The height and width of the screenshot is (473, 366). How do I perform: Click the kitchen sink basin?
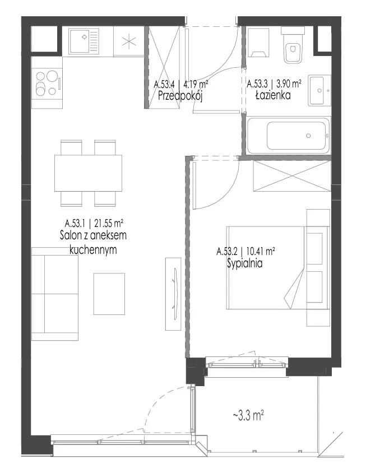pyautogui.click(x=84, y=41)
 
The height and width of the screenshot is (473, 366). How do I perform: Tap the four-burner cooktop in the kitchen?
pyautogui.click(x=48, y=82)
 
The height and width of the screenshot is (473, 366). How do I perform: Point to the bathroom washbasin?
pyautogui.click(x=319, y=90)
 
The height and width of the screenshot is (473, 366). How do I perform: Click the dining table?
pyautogui.click(x=88, y=173)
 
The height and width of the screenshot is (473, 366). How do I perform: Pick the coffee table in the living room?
pyautogui.click(x=109, y=294)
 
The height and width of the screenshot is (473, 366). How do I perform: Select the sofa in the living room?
pyautogui.click(x=55, y=294)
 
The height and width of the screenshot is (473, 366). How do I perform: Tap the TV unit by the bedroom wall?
pyautogui.click(x=174, y=294)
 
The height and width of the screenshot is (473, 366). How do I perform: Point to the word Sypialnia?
pyautogui.click(x=245, y=263)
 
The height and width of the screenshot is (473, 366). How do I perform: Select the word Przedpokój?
pyautogui.click(x=180, y=96)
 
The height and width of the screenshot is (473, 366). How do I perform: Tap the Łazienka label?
pyautogui.click(x=273, y=95)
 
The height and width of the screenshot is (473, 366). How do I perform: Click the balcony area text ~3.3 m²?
pyautogui.click(x=248, y=416)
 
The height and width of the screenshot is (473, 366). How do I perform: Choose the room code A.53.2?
pyautogui.click(x=227, y=251)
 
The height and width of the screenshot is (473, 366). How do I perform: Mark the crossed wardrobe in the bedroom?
pyautogui.click(x=292, y=176)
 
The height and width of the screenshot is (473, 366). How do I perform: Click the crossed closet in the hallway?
pyautogui.click(x=165, y=67)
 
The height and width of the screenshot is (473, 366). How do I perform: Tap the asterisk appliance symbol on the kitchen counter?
pyautogui.click(x=129, y=41)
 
